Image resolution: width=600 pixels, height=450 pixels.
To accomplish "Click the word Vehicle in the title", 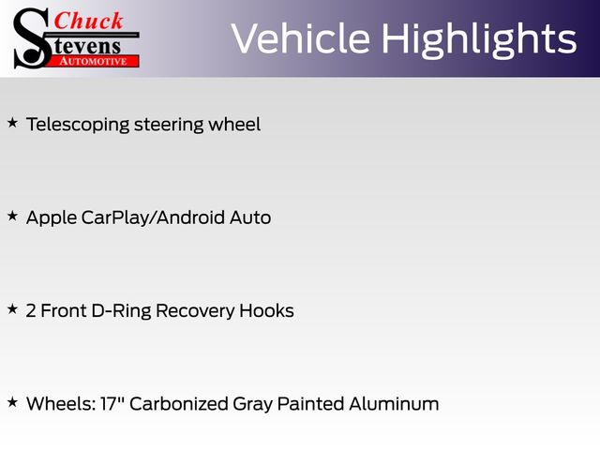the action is [301, 37].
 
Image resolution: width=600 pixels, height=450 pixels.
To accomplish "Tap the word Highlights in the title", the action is [479, 40].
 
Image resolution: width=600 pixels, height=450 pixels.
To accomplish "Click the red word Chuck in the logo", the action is [88, 21].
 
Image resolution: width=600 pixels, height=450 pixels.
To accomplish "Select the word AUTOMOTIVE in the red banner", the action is [93, 62].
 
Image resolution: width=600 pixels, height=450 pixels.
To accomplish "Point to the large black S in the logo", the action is [32, 38].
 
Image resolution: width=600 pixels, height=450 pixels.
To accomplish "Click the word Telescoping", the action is [78, 125].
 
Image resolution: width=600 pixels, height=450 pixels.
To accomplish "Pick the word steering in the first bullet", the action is [169, 125].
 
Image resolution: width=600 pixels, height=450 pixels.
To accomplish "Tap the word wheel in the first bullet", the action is [234, 125].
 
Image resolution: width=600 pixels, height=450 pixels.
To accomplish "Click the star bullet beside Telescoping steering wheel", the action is [12, 123].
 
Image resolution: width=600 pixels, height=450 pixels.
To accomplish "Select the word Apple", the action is [52, 218].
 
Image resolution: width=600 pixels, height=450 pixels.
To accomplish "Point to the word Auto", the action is [250, 217].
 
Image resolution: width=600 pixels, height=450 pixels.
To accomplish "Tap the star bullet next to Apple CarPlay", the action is [12, 216].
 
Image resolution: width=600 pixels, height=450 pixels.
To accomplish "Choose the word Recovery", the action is [195, 311].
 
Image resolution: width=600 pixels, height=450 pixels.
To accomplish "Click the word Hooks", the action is [266, 310].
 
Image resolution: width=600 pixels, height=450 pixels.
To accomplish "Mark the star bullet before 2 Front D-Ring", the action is [12, 308].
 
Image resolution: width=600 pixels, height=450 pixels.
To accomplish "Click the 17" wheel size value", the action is [113, 404].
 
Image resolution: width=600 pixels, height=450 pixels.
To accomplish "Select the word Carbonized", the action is [179, 404].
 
